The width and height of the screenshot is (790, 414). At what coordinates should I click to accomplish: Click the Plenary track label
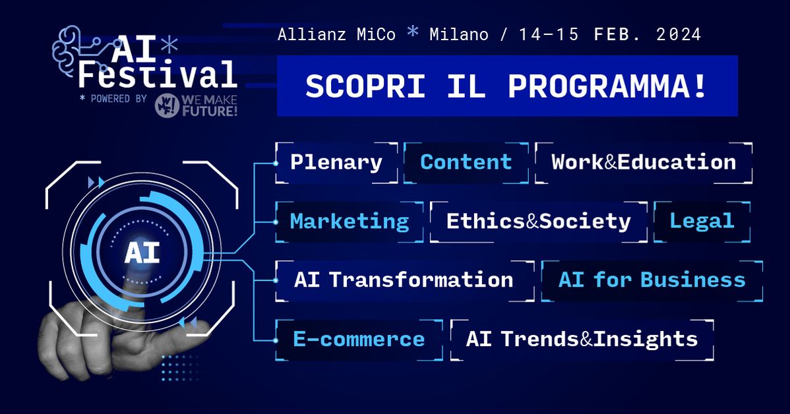336,162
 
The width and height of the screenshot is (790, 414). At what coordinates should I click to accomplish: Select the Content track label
466,162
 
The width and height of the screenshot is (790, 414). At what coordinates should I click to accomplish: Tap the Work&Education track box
643,162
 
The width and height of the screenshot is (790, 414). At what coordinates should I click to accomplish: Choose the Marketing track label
349,221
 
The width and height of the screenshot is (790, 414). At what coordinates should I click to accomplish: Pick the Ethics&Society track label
538,221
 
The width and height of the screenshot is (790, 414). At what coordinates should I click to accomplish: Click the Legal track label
702,221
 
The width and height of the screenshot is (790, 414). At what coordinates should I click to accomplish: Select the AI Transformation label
404,280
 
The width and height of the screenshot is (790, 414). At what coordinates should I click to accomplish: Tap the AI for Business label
652,280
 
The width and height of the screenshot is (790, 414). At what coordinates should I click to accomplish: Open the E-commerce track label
359,339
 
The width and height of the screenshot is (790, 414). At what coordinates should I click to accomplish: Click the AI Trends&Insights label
581,339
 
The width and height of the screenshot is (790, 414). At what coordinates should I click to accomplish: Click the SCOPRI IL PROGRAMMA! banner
506,86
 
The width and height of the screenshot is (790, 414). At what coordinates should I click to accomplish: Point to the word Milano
460,34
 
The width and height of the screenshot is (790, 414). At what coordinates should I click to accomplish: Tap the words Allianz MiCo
336,34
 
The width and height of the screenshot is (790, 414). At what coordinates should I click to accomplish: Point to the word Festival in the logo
158,75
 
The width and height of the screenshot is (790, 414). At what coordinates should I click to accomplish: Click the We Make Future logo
196,106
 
